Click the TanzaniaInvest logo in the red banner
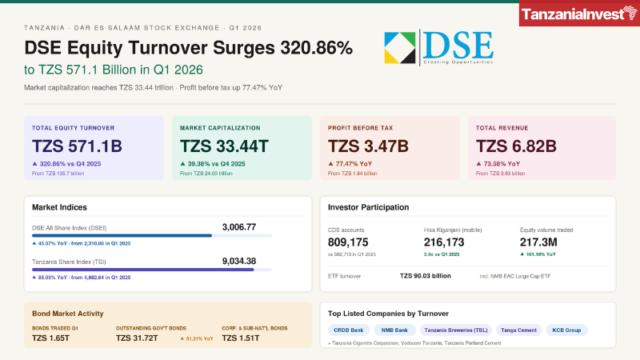[578, 14]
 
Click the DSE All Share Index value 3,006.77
[238, 227]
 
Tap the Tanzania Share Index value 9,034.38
[238, 261]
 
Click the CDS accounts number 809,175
[348, 242]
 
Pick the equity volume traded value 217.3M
[542, 242]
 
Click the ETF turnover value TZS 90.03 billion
[425, 276]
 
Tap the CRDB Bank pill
[348, 330]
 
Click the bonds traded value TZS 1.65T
[51, 338]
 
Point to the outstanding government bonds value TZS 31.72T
[137, 338]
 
